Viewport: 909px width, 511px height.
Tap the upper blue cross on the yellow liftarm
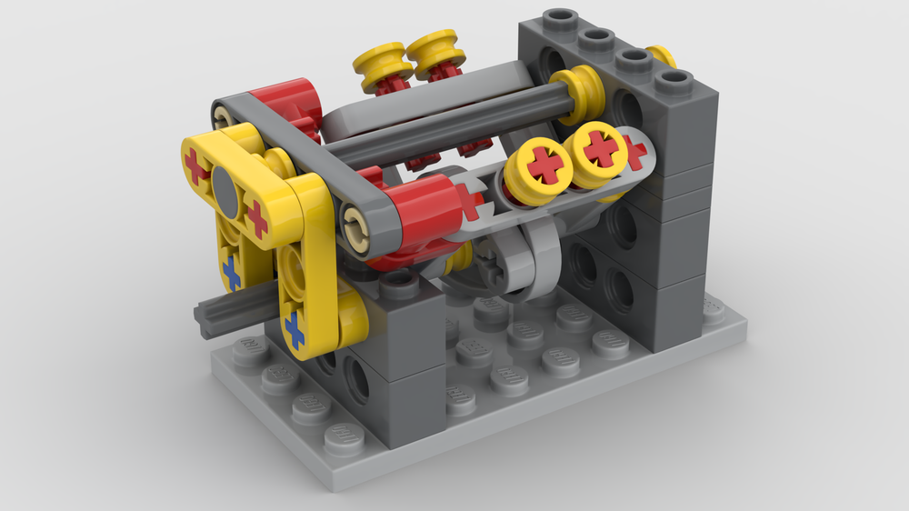[x=233, y=272]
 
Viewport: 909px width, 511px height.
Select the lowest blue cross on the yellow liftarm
[x=295, y=328]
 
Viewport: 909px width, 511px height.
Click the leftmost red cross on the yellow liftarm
[x=196, y=166]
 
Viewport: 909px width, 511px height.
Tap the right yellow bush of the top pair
[x=435, y=55]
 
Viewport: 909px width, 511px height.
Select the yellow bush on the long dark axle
[x=578, y=91]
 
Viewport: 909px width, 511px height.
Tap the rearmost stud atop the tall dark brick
[x=557, y=18]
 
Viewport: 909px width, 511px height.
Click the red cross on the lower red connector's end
[x=468, y=201]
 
